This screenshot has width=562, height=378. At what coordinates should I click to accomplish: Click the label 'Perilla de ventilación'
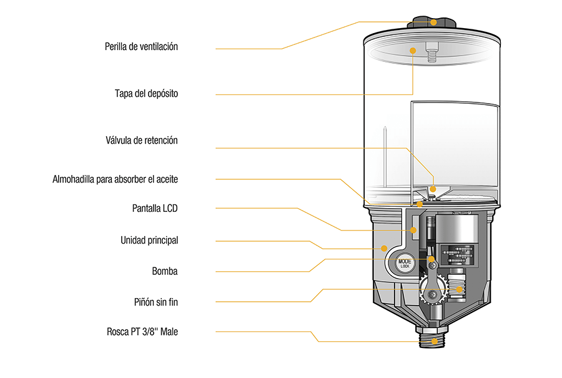[x=141, y=47]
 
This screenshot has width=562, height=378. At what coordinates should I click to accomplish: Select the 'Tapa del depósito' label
[x=146, y=94]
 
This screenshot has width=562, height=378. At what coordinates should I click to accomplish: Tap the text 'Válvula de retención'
[x=142, y=141]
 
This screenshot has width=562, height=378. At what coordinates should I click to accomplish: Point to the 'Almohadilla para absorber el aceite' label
[x=115, y=179]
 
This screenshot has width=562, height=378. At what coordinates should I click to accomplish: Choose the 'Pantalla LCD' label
[x=154, y=208]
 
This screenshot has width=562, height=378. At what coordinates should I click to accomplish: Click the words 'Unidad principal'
[x=149, y=240]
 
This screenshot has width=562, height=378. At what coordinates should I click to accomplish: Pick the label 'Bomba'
[x=165, y=271]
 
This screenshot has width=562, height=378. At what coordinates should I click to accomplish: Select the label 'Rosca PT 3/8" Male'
[x=142, y=332]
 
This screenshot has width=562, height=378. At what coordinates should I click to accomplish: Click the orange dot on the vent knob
[x=434, y=22]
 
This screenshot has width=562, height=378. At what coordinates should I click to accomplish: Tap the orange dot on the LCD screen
[x=413, y=231]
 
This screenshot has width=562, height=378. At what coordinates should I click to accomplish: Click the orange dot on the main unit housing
[x=383, y=248]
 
